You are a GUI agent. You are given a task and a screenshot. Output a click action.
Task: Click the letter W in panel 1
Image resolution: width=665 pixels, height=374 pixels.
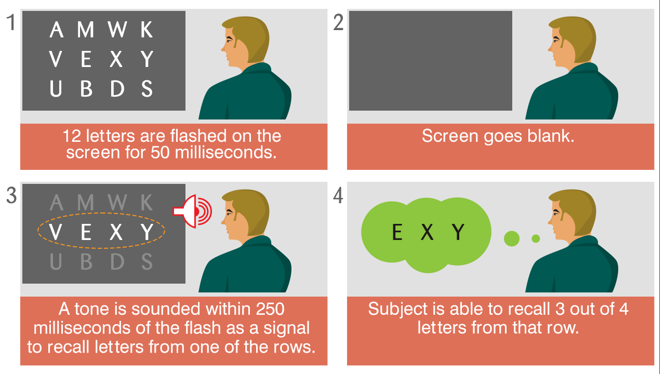click(117, 30)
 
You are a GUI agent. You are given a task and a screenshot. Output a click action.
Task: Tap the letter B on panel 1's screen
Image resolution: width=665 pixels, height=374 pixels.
click(86, 89)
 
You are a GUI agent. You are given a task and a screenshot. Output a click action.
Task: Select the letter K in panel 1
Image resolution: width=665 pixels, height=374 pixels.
click(147, 30)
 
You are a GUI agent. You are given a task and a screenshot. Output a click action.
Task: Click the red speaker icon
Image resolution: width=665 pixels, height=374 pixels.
click(192, 211)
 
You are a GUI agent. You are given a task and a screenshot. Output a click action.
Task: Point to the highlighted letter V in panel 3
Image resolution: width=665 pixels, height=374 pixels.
click(56, 232)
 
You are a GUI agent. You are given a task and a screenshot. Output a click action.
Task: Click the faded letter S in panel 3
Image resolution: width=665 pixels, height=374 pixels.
click(147, 262)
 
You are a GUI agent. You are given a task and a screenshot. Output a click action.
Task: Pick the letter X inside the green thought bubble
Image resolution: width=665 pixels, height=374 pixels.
click(428, 232)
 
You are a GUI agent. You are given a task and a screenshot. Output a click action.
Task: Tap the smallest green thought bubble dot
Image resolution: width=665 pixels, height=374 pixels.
click(536, 238)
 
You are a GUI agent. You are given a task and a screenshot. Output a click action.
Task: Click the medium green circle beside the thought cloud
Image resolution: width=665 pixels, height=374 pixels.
click(512, 238)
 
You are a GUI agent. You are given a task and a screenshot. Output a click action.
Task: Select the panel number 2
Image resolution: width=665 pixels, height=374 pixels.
click(338, 22)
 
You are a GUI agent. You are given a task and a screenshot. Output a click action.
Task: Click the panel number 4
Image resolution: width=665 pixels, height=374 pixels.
click(338, 196)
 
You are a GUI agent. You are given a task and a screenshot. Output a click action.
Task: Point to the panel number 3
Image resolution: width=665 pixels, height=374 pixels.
click(11, 196)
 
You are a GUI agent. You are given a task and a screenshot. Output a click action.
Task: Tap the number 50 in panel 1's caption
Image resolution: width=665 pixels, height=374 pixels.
click(160, 153)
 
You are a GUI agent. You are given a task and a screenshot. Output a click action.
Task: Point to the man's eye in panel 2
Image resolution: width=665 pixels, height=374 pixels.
click(555, 39)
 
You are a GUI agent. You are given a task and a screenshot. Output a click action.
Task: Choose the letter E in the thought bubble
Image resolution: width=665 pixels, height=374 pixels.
click(397, 232)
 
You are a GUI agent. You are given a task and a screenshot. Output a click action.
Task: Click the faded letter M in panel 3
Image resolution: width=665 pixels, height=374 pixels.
click(86, 203)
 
